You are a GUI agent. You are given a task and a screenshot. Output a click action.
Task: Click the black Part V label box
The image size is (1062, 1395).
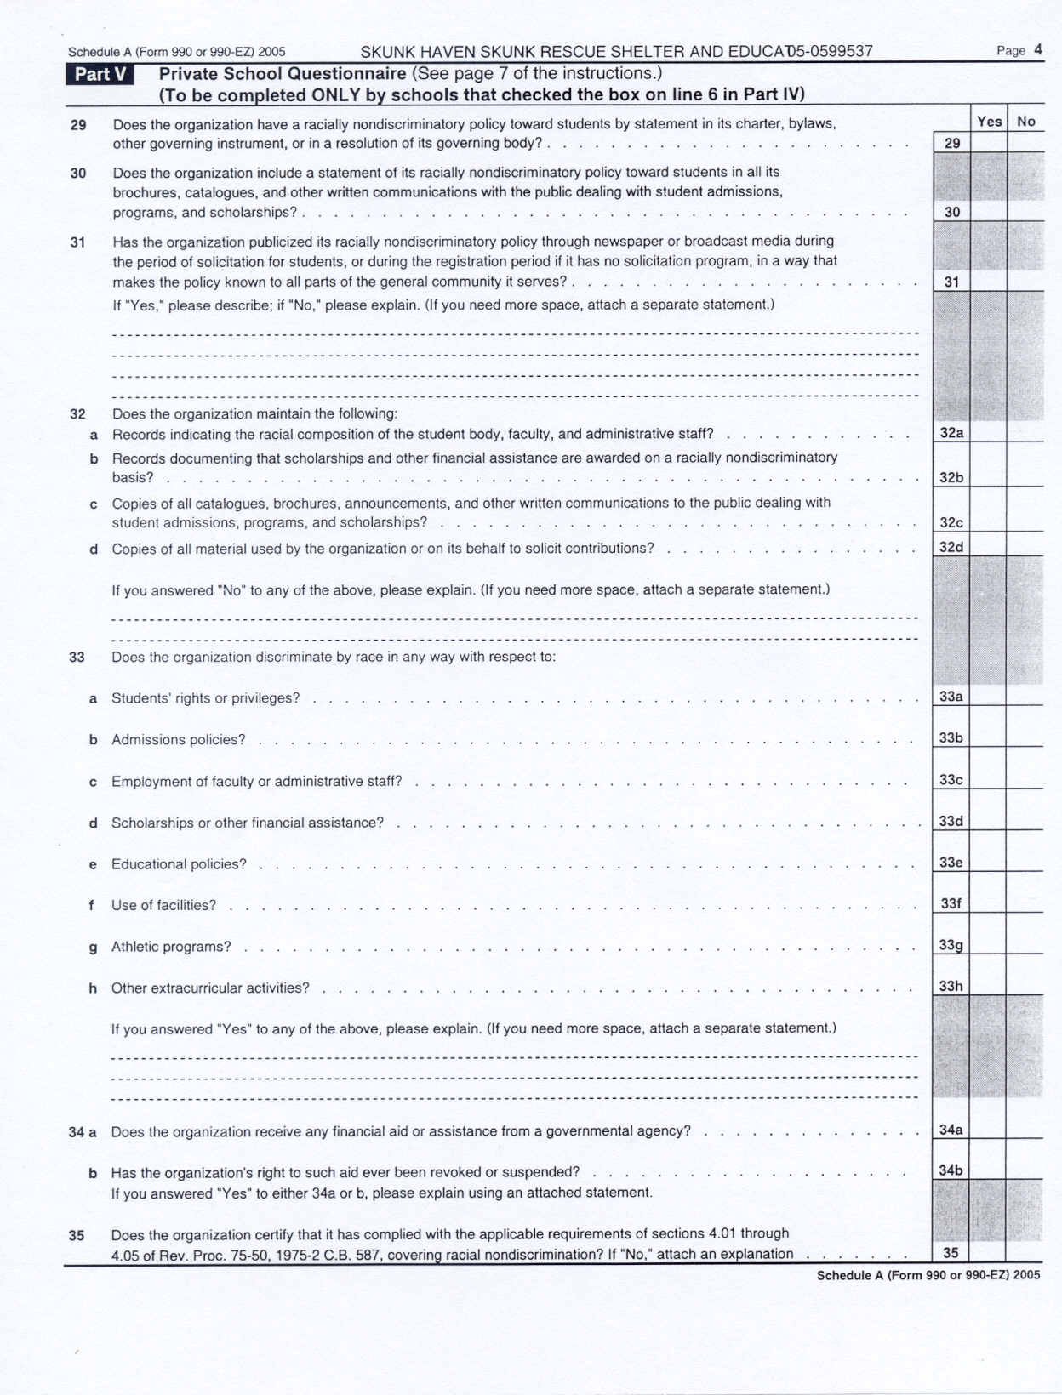pos(100,75)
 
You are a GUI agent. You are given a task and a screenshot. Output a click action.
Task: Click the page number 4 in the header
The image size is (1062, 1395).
pos(1038,50)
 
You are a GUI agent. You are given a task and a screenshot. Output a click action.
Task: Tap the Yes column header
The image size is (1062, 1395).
pos(989,122)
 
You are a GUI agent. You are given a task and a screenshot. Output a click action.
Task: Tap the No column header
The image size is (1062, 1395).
pos(1026,122)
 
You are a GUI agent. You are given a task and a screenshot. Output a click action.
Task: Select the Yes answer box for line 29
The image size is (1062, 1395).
pos(989,143)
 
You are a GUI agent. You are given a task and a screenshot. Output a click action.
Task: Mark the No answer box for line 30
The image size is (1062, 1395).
pos(1026,212)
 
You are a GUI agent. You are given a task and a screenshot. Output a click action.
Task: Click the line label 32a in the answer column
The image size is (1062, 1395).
pos(951,433)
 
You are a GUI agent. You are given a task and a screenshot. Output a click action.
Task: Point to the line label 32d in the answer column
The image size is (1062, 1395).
pos(951,547)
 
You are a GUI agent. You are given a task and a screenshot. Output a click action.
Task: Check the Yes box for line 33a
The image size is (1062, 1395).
pos(988,697)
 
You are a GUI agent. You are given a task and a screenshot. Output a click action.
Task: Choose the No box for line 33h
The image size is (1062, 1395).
pos(1025,986)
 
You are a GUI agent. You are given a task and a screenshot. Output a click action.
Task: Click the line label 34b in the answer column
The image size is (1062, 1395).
pos(951,1170)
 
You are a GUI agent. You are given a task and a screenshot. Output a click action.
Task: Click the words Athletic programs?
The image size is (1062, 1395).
pos(171,947)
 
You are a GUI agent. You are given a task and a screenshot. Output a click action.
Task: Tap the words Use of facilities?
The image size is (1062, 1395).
pos(163,905)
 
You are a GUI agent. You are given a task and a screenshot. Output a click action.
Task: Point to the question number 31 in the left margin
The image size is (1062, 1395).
pos(77,242)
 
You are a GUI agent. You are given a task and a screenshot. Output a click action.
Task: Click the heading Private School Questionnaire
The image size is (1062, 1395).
pos(283,74)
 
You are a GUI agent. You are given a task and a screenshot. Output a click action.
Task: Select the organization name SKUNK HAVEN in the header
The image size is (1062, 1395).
pos(418,52)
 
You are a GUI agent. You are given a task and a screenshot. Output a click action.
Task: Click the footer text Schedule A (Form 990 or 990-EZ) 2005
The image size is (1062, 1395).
pos(928,1275)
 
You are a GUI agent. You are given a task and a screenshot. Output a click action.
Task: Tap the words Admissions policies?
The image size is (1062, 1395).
pos(178,740)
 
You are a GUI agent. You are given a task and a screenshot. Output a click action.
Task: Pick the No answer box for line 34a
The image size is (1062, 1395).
pos(1025,1130)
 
